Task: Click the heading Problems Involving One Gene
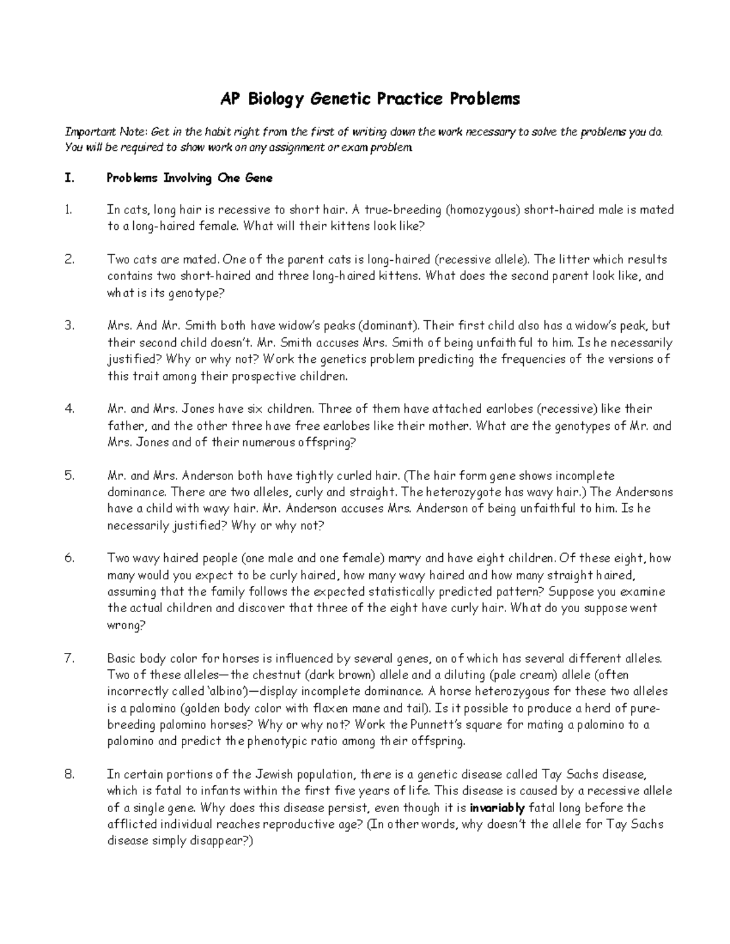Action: tap(189, 178)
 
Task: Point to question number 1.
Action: tap(68, 210)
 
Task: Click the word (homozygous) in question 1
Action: tap(482, 210)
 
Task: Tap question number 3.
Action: tap(69, 326)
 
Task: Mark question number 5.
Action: tap(69, 475)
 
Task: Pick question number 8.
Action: tap(69, 774)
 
